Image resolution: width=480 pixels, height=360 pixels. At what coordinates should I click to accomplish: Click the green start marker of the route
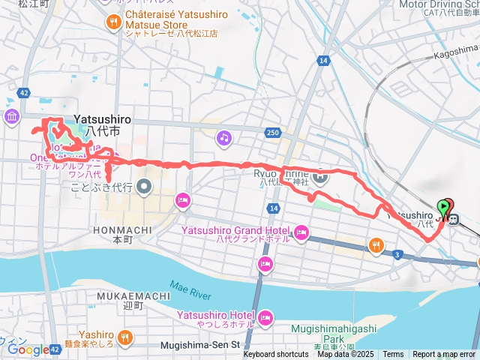point(445,205)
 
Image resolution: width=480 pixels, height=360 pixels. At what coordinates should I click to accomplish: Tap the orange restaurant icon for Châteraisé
point(114,22)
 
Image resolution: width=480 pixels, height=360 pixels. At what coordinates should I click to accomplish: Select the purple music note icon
point(223,137)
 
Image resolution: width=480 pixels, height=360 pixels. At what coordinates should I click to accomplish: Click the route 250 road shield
point(272,133)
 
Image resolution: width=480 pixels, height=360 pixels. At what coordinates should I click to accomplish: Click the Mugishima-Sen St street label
point(199,345)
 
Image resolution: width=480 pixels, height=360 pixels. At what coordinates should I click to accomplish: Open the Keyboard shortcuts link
point(275,354)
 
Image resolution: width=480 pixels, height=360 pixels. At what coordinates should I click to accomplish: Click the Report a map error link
point(445,354)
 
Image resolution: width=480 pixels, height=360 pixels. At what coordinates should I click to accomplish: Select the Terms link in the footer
point(393,354)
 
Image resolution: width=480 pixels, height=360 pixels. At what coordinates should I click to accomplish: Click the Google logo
point(27,349)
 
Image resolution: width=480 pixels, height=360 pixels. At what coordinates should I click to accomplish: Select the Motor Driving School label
point(439,4)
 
